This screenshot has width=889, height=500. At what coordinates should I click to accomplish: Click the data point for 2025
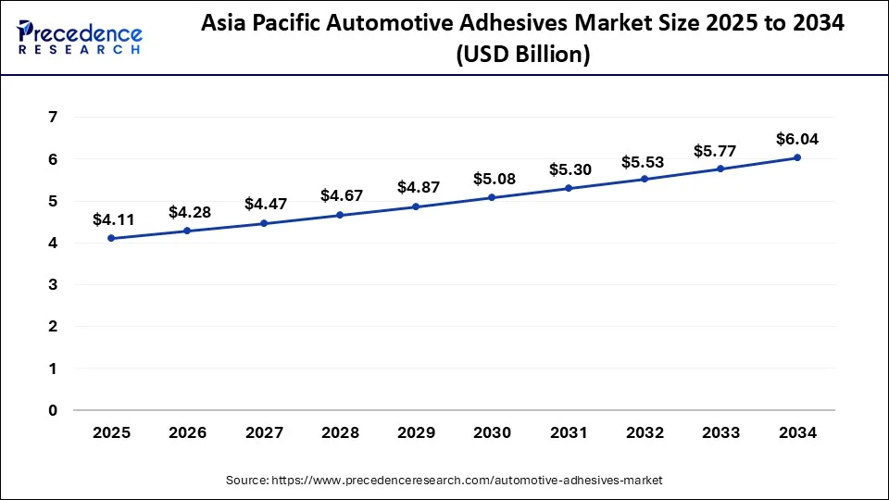(x=111, y=238)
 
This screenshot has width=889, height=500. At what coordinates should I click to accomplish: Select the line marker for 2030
(x=492, y=197)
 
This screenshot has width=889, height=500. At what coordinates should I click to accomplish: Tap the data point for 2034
(x=797, y=157)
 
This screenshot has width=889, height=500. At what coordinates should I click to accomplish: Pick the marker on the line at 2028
(x=340, y=215)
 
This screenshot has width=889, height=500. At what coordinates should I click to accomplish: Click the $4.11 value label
(x=113, y=219)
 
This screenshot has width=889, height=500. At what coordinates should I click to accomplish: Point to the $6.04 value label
(x=797, y=139)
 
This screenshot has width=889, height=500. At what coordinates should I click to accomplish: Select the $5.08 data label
(x=492, y=179)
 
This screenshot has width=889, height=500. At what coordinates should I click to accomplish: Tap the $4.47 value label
(x=265, y=204)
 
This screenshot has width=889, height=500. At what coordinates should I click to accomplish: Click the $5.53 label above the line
(x=644, y=161)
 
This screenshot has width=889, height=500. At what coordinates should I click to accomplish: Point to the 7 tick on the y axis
(x=53, y=118)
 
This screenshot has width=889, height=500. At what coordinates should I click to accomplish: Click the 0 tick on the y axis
(x=53, y=410)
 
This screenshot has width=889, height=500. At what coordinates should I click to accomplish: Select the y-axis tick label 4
(x=53, y=243)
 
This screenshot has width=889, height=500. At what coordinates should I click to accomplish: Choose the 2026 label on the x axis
(x=188, y=433)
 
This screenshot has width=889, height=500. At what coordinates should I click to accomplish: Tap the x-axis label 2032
(x=645, y=433)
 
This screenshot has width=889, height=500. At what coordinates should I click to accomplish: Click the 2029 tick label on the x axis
(x=416, y=433)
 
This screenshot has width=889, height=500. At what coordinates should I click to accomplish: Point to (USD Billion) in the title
(x=522, y=55)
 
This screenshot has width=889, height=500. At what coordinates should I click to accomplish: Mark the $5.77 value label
(x=720, y=150)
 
